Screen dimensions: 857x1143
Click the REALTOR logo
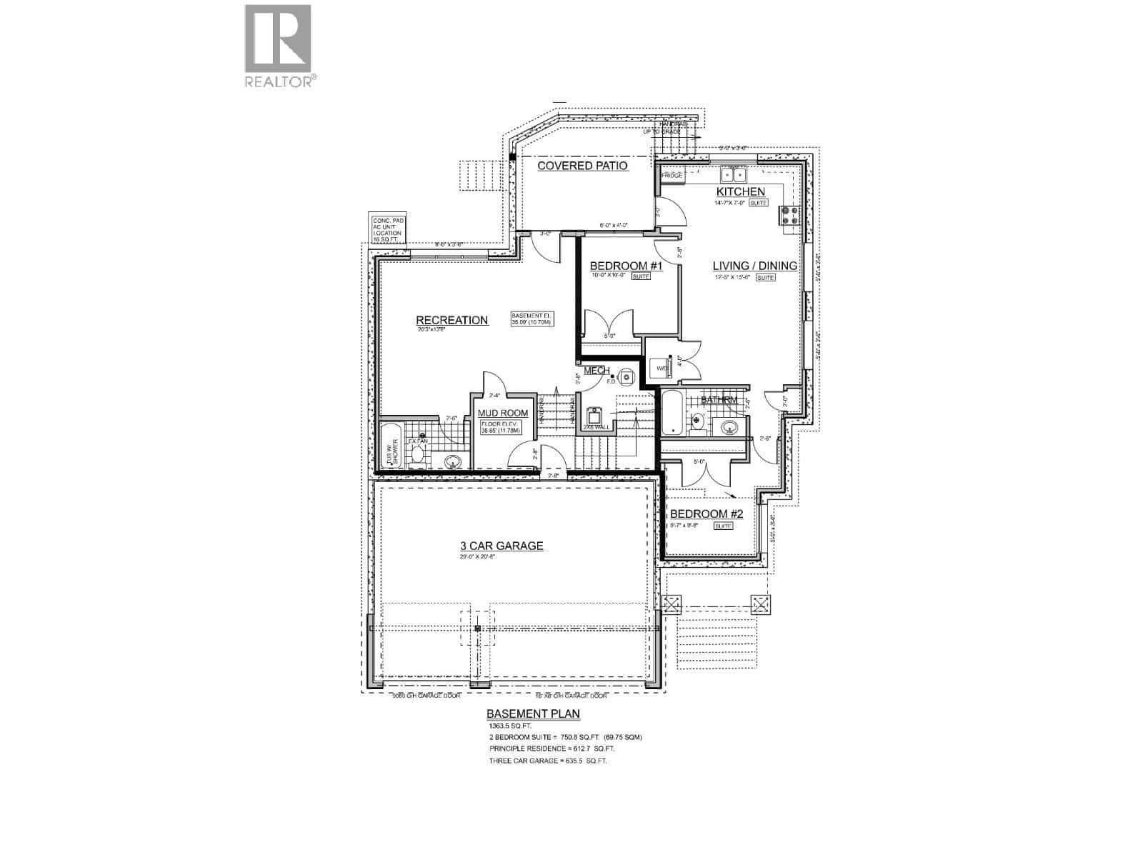(x=278, y=46)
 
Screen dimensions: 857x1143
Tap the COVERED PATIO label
(x=582, y=166)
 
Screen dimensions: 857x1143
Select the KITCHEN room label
(x=741, y=191)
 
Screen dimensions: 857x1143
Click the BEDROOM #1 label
(x=627, y=266)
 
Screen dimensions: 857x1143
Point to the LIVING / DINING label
(x=755, y=266)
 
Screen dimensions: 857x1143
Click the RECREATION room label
(x=452, y=320)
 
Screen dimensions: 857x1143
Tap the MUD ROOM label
(x=503, y=413)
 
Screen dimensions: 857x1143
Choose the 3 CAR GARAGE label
(x=501, y=546)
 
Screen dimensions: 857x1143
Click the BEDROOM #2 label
(x=707, y=514)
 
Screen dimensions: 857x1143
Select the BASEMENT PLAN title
(x=533, y=713)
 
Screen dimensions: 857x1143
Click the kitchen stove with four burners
(x=791, y=216)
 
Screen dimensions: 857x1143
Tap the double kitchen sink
(x=733, y=174)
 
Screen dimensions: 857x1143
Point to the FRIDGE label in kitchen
(x=672, y=175)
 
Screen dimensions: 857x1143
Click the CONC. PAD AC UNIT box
(x=388, y=230)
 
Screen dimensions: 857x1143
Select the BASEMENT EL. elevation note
(x=531, y=319)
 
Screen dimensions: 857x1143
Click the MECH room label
(x=597, y=371)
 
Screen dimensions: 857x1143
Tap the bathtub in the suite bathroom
(x=672, y=413)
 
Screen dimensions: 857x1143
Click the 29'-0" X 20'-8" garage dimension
(x=477, y=557)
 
